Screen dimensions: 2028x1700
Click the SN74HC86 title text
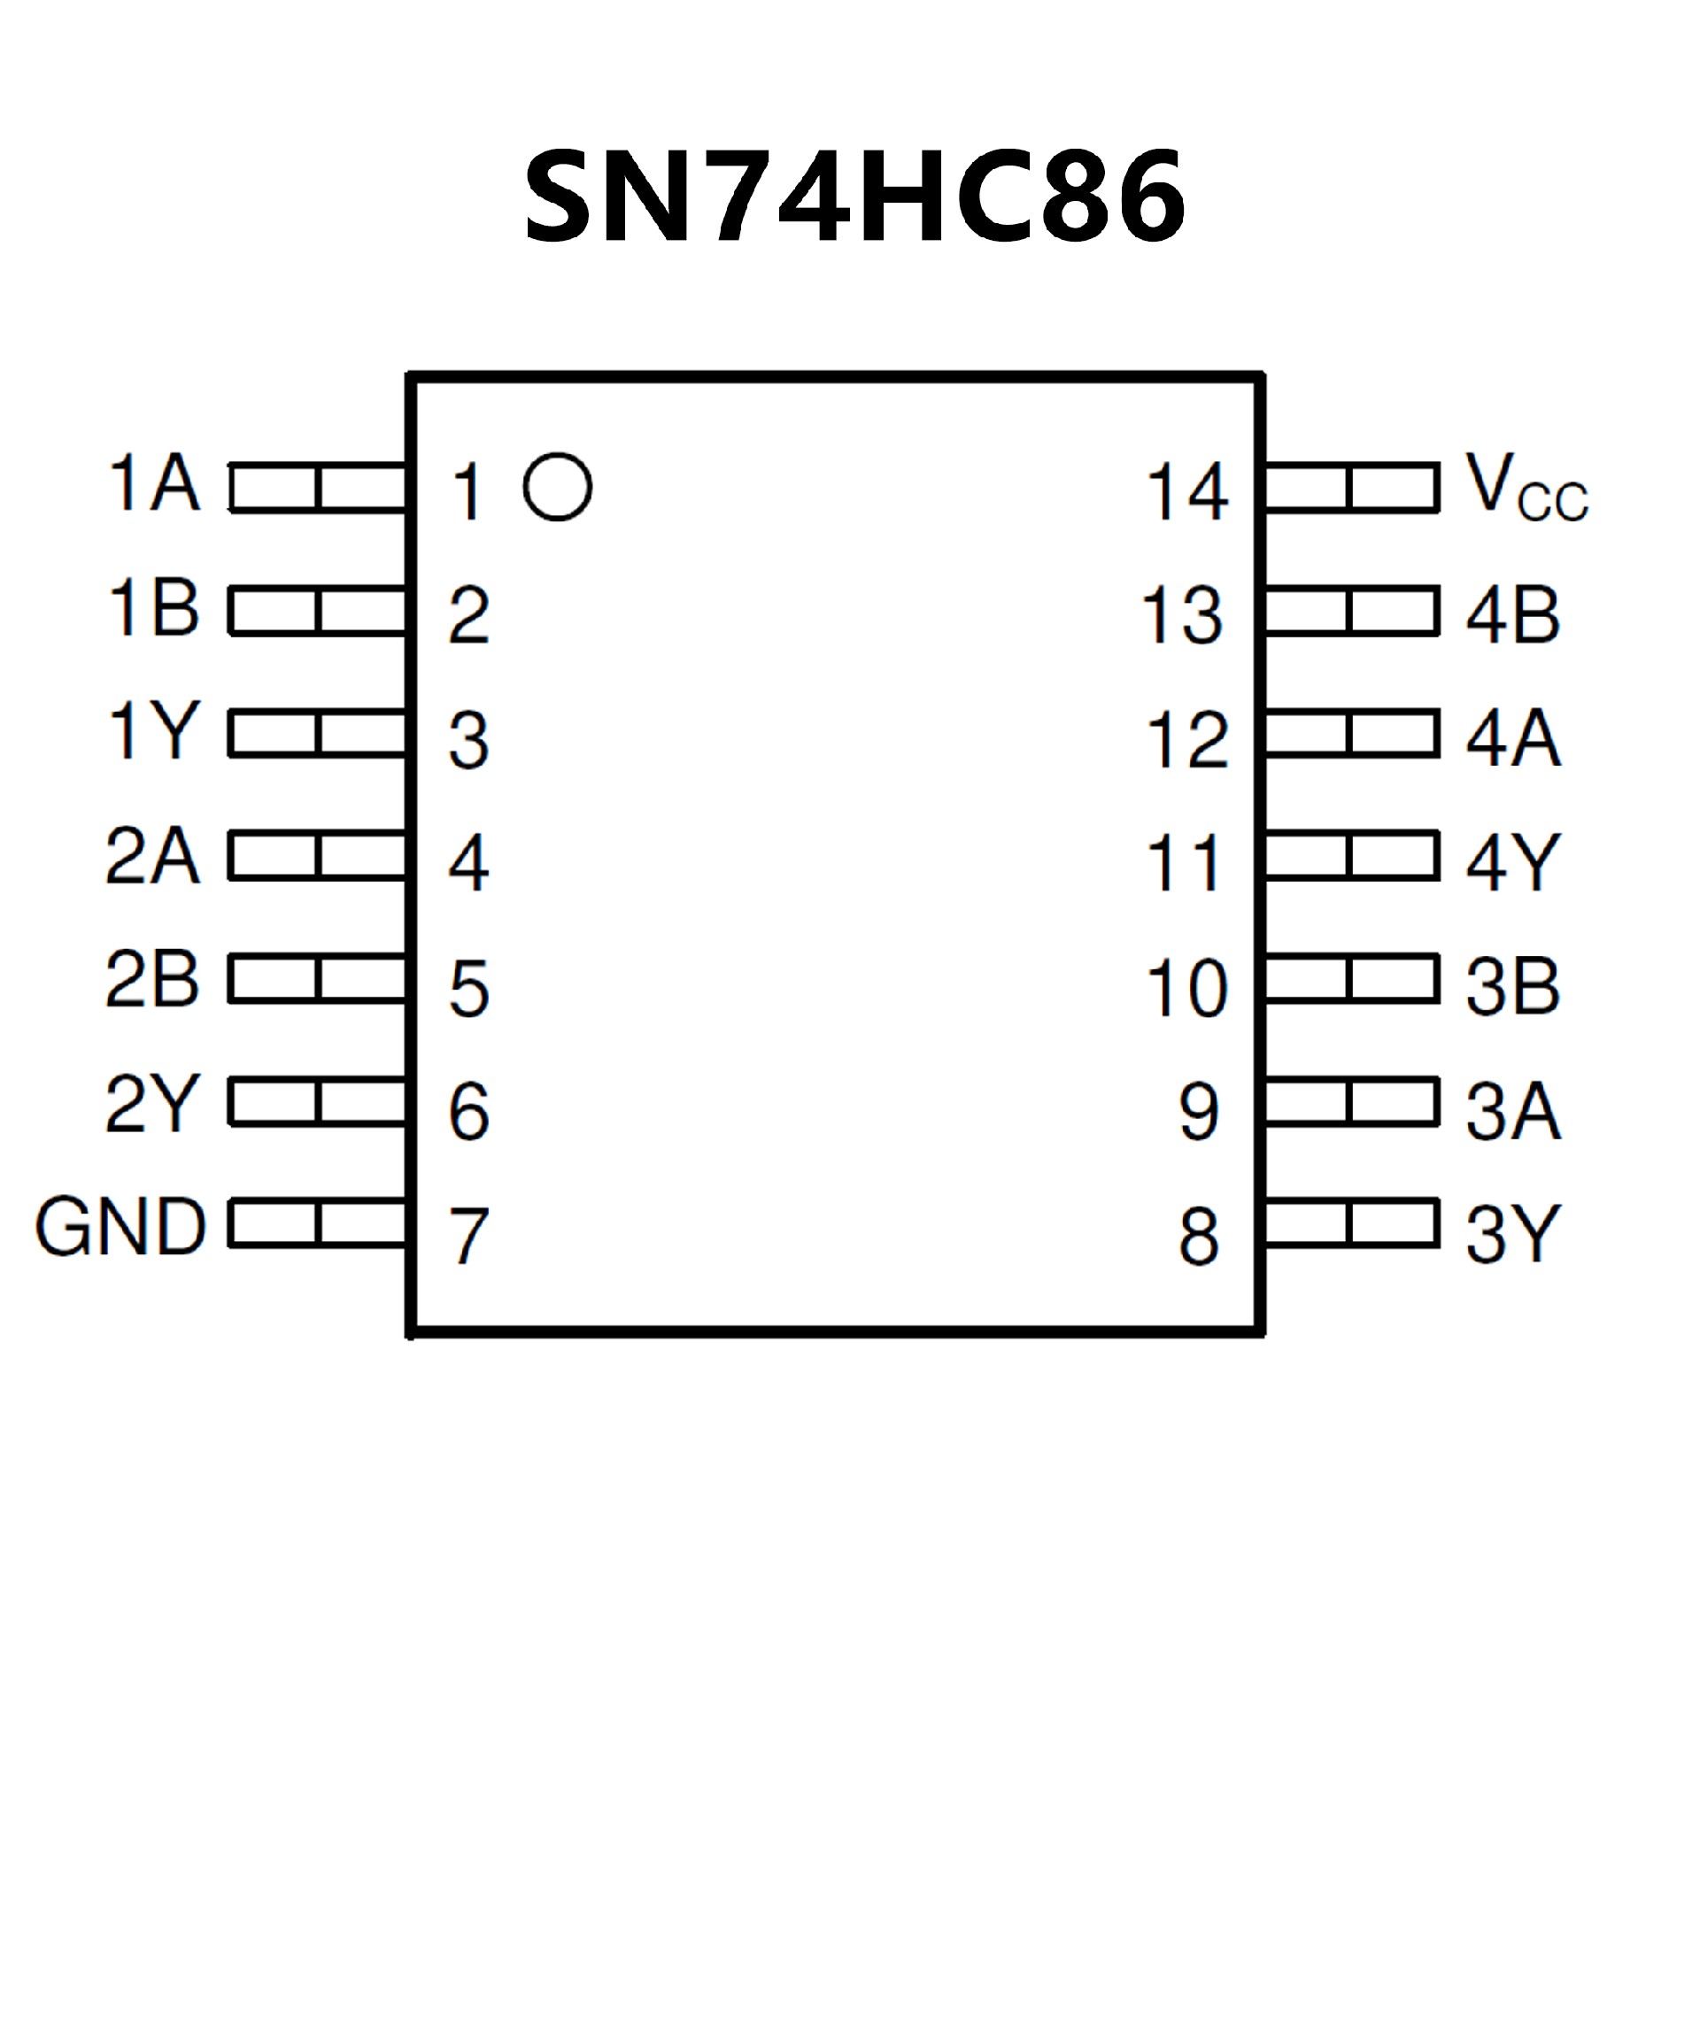pos(854,198)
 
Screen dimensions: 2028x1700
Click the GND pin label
pos(120,1228)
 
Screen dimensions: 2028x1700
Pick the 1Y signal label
pos(155,731)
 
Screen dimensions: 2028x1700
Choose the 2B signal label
pos(152,979)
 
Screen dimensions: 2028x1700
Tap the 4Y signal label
pos(1512,861)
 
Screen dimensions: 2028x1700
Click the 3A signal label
pos(1512,1111)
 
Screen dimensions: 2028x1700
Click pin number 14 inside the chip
pos(1187,492)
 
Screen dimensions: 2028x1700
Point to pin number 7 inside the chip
pos(469,1236)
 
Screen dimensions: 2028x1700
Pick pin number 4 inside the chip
pos(469,863)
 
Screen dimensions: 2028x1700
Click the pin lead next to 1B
pos(318,612)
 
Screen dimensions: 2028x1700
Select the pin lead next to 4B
pos(1350,612)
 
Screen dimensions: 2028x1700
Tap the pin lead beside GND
pos(318,1223)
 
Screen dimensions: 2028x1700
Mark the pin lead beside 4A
pos(1350,733)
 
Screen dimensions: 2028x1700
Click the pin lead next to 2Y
pos(318,1102)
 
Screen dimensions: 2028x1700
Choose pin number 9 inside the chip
pos(1199,1112)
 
